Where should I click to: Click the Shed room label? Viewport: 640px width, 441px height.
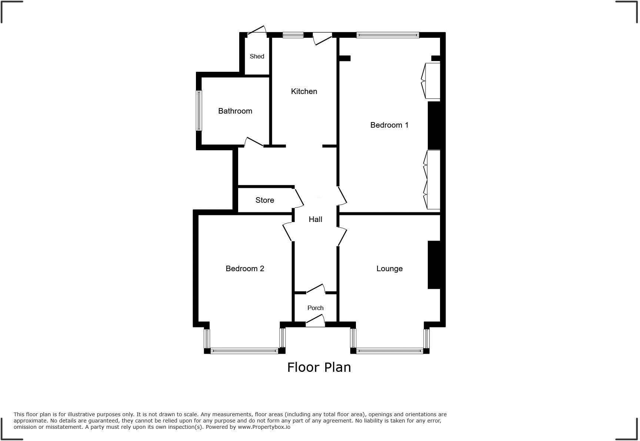point(257,56)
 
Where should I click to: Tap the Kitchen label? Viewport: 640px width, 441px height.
point(304,91)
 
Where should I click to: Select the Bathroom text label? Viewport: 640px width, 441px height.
point(235,111)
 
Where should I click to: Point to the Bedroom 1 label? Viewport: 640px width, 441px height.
point(389,125)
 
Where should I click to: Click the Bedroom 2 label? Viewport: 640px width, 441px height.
point(245,269)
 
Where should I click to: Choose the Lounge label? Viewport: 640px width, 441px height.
point(389,269)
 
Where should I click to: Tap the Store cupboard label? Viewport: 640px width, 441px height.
point(264,200)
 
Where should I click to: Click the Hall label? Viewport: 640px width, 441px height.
point(315,219)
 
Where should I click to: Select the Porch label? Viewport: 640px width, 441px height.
point(315,308)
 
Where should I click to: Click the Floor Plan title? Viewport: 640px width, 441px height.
point(319,367)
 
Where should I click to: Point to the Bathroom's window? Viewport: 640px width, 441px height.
point(199,111)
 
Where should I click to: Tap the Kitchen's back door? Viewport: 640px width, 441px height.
point(322,38)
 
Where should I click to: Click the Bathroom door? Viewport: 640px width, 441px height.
point(254,142)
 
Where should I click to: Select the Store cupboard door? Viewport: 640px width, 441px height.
point(299,198)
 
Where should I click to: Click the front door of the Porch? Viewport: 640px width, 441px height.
point(315,320)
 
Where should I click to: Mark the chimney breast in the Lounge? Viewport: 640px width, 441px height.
point(434,265)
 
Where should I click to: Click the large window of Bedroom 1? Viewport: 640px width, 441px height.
point(387,35)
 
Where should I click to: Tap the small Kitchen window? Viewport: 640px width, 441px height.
point(293,35)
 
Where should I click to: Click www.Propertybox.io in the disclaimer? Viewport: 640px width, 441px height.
point(264,427)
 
